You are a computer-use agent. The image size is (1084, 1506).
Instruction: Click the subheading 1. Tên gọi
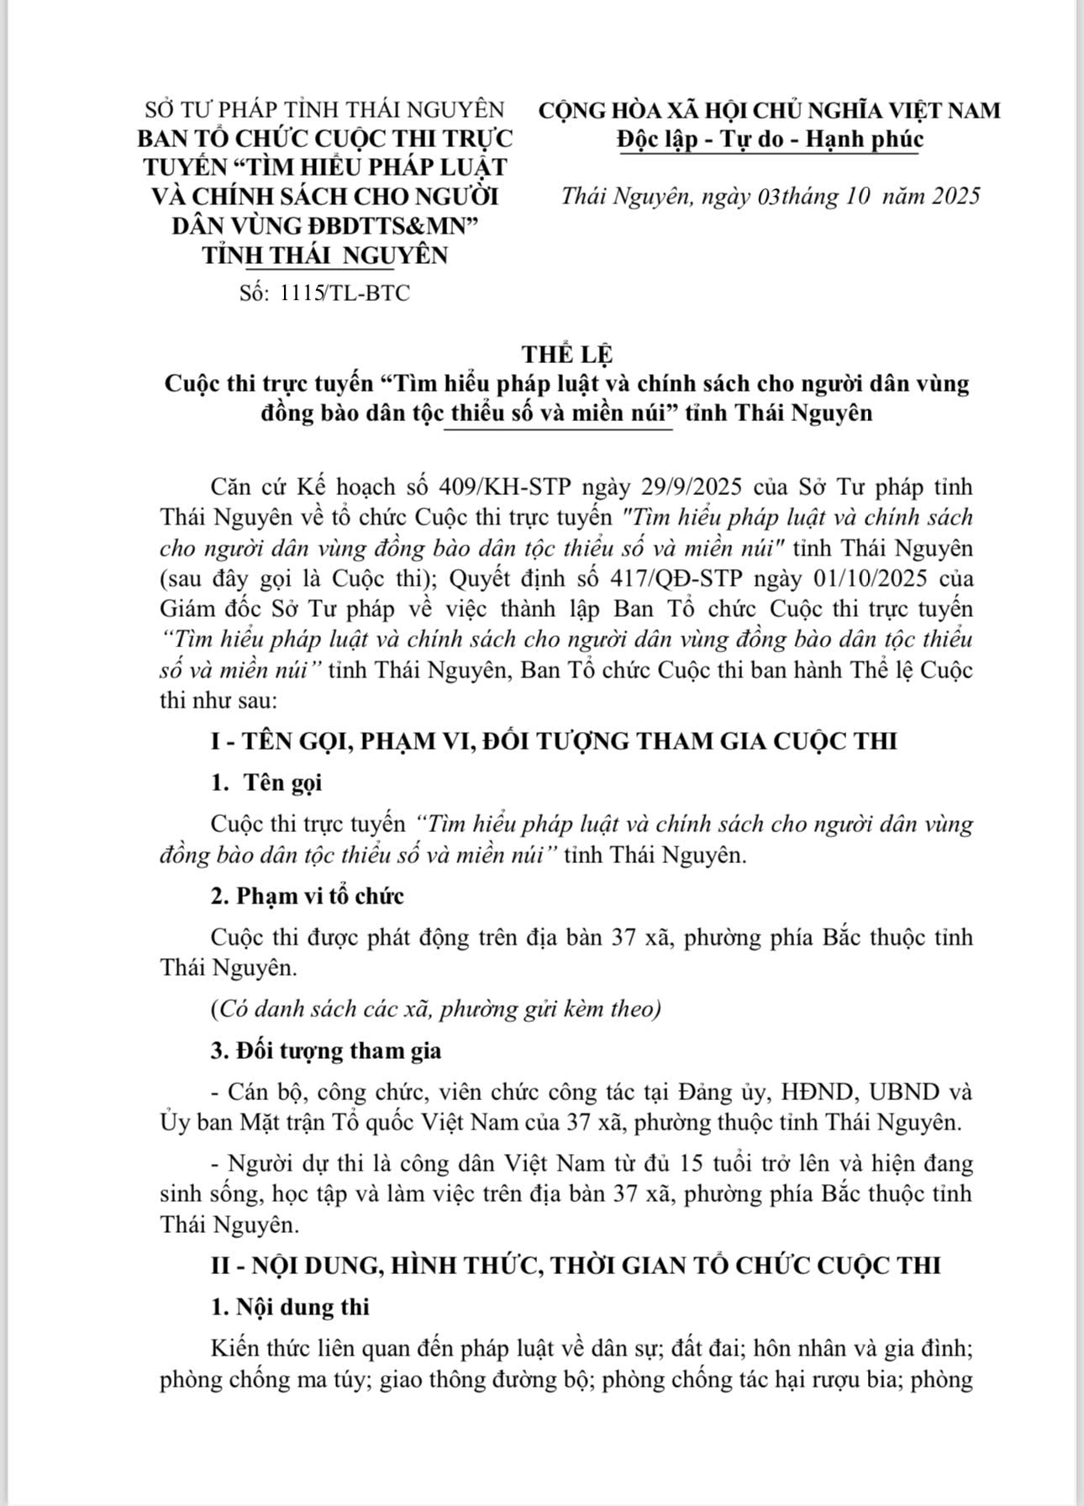click(266, 782)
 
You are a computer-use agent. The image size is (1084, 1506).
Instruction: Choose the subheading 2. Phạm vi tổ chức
click(307, 896)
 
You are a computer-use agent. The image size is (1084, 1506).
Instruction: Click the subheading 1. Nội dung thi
click(290, 1307)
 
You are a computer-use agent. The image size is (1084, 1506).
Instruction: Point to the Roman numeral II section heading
click(575, 1266)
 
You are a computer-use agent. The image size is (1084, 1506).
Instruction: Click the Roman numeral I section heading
click(553, 741)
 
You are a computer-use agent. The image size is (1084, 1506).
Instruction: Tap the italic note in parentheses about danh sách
click(435, 1008)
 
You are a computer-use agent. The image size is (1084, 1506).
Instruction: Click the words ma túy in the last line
click(334, 1380)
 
